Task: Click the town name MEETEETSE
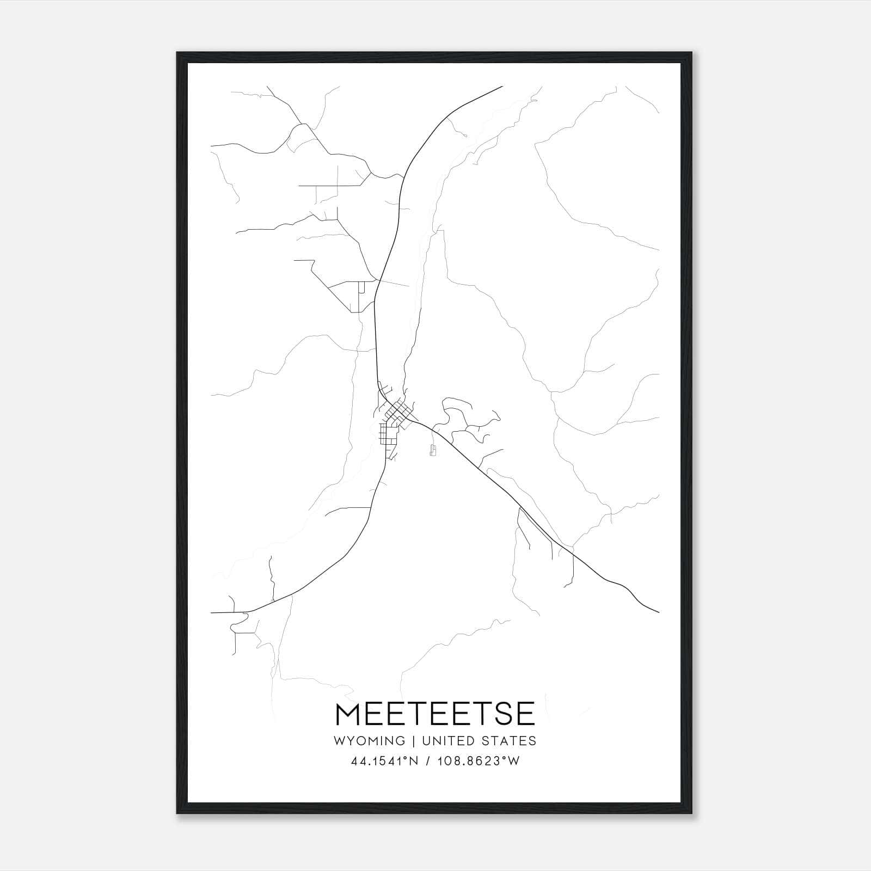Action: [x=436, y=714]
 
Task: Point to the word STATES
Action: [x=509, y=740]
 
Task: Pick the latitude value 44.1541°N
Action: [x=384, y=762]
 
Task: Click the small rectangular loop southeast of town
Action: [x=433, y=450]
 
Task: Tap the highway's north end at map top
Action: [x=501, y=86]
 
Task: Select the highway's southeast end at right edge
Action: [x=659, y=612]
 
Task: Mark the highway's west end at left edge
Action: [x=211, y=612]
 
